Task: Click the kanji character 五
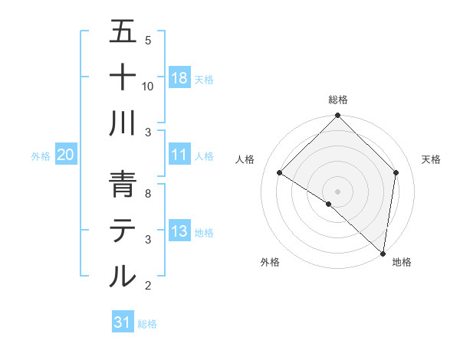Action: [x=123, y=32]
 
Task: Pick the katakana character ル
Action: [x=123, y=276]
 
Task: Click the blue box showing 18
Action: [x=179, y=78]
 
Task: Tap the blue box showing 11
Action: [x=179, y=155]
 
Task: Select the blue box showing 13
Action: [x=179, y=231]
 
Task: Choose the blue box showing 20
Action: [x=66, y=155]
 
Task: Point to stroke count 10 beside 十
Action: [x=148, y=86]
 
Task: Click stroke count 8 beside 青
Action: [x=148, y=193]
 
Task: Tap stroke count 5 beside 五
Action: [x=148, y=40]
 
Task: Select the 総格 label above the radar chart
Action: [x=338, y=100]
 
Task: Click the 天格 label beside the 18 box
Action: [x=204, y=80]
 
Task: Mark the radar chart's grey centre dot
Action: [x=337, y=191]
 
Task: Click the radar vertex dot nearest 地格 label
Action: [x=383, y=253]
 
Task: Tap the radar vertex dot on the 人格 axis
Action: [x=280, y=173]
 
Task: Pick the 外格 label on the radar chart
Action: [x=270, y=263]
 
